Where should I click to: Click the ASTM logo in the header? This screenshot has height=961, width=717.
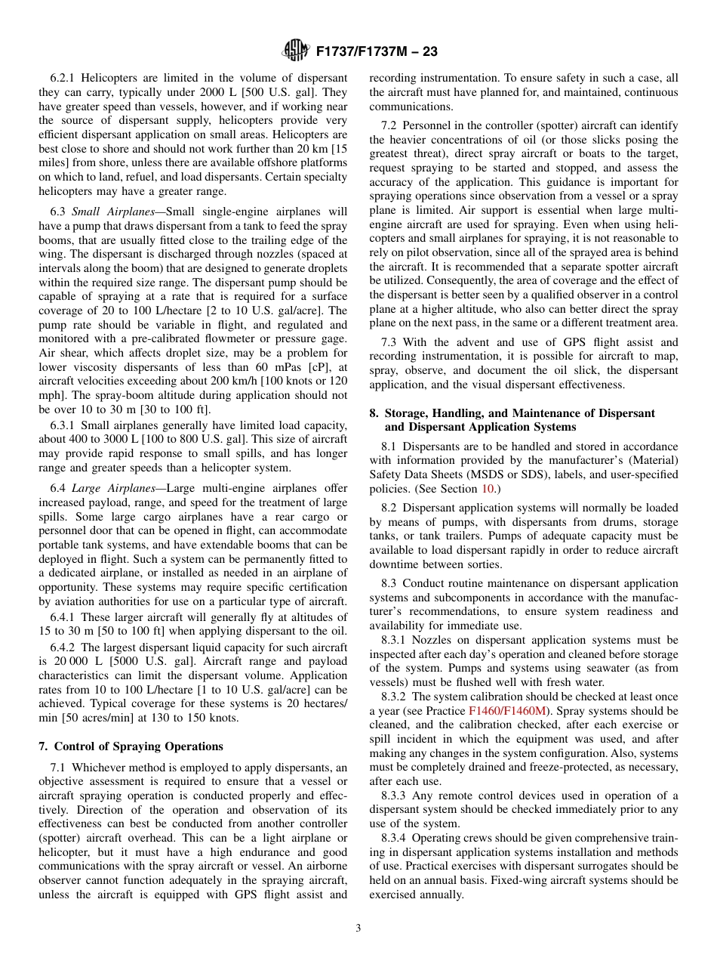295,51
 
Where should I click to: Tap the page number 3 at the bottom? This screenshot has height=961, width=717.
358,929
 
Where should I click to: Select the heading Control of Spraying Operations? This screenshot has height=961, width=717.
131,746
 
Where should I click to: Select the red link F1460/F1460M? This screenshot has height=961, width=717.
507,711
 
